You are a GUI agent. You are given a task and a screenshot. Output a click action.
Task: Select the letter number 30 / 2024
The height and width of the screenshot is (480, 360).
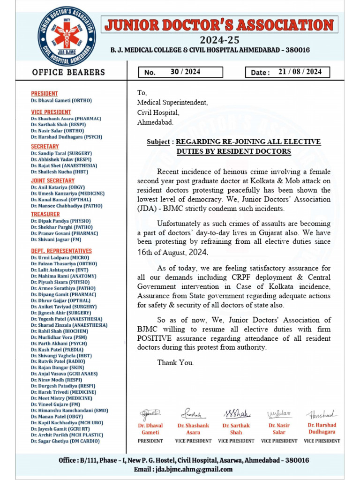pos(185,72)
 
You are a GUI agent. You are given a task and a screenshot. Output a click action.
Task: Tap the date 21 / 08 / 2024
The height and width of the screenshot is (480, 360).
pos(300,72)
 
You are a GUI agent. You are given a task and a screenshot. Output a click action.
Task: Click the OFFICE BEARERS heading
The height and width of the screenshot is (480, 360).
pos(68,72)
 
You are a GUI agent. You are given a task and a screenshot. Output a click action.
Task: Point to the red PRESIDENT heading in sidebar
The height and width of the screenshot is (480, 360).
pos(45,94)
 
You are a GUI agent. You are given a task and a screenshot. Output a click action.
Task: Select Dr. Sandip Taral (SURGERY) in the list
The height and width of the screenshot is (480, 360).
pos(61,153)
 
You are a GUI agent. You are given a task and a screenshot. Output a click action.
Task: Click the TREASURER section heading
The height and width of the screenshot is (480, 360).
pos(45,214)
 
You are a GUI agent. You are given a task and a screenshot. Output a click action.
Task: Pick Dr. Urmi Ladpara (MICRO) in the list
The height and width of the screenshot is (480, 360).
pos(60,257)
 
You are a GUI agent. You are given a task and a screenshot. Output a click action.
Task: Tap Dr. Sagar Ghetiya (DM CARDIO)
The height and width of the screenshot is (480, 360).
pos(65,441)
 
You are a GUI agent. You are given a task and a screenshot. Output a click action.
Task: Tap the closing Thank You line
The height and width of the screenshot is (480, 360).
pos(175,362)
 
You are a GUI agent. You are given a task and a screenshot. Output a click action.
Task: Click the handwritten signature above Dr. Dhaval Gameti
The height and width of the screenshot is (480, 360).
pos(150,413)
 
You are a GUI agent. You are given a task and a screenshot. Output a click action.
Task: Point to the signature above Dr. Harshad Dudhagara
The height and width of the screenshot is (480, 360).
pos(322,414)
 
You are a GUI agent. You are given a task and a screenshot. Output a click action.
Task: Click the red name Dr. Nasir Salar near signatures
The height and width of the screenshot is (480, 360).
pos(279,429)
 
